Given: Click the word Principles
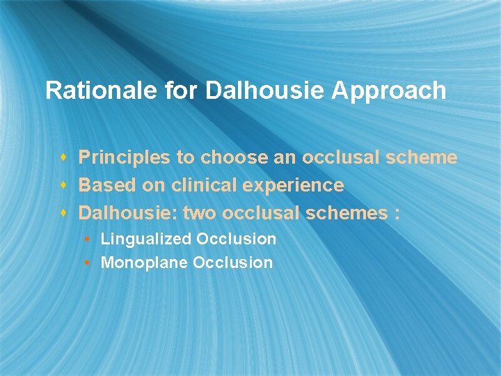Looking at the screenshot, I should pyautogui.click(x=125, y=158).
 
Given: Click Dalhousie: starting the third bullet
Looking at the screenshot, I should pyautogui.click(x=127, y=212).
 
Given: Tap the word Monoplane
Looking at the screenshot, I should pyautogui.click(x=144, y=263).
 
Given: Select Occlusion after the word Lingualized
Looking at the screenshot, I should pyautogui.click(x=236, y=240).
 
